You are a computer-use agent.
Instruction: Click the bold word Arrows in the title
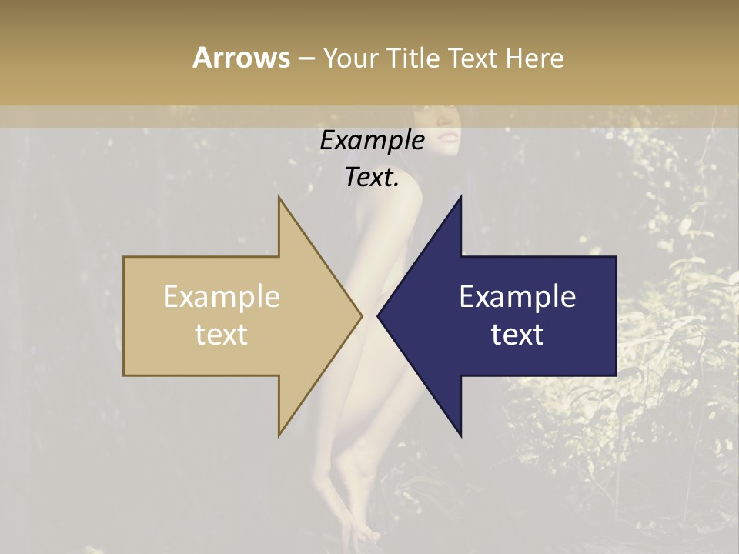(x=241, y=58)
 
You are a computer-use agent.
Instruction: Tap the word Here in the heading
(x=535, y=58)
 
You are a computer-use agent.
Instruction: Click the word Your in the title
(x=350, y=58)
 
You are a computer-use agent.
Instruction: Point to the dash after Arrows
(x=306, y=58)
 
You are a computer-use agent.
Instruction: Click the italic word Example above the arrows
(x=372, y=140)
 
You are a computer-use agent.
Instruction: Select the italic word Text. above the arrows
(x=372, y=177)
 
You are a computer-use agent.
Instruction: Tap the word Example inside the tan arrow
(x=222, y=296)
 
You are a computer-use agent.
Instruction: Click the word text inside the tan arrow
(x=222, y=334)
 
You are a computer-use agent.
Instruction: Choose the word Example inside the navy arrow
(x=517, y=296)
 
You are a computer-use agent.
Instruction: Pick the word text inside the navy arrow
(x=517, y=334)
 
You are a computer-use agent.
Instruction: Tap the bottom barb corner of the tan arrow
(x=279, y=435)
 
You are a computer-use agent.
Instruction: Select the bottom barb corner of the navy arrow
(x=460, y=435)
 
